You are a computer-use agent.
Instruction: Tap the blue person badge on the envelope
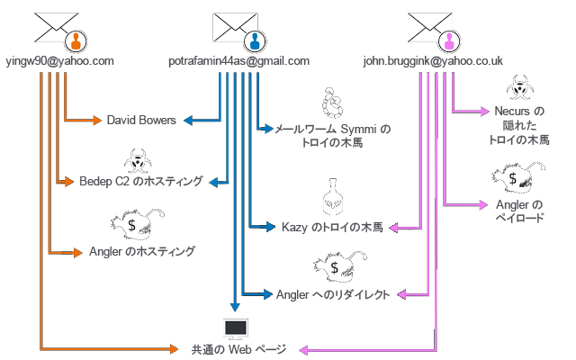256,40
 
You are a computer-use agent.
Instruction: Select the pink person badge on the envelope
449,40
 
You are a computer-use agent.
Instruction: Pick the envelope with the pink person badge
429,28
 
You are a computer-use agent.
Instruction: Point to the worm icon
334,103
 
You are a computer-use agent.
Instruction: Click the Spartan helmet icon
335,199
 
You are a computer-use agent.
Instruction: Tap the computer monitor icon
236,328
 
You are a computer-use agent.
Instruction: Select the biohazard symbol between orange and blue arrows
137,162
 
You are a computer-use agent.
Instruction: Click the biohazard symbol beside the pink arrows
517,89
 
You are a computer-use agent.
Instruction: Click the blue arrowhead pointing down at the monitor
236,307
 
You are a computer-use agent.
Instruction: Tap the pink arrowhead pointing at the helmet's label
391,228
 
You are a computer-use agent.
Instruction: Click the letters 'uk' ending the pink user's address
501,62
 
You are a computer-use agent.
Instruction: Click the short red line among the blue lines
259,99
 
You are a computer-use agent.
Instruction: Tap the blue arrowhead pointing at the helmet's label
271,228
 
